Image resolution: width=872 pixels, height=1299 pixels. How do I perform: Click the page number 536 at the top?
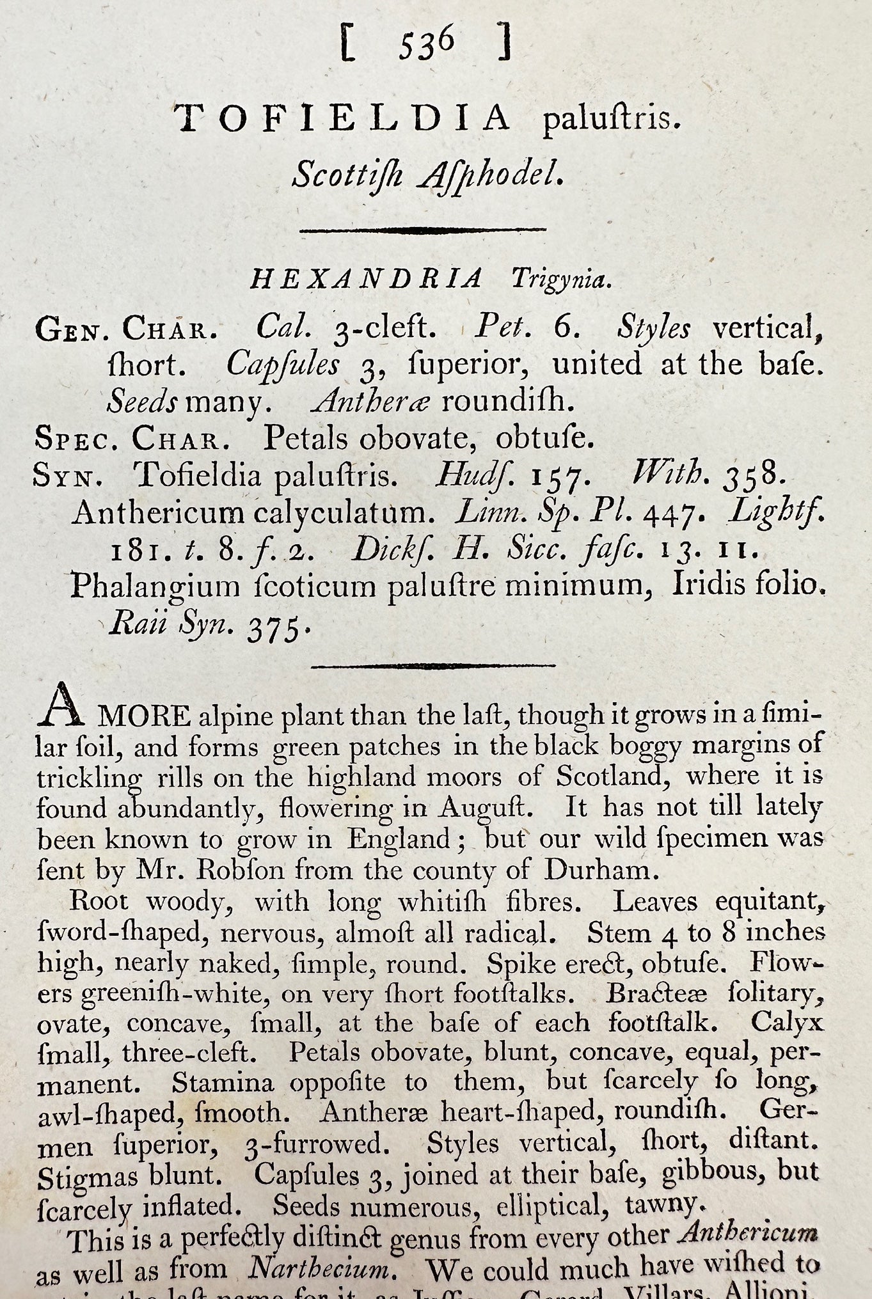click(x=426, y=45)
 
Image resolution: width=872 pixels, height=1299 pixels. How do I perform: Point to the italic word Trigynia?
click(x=557, y=280)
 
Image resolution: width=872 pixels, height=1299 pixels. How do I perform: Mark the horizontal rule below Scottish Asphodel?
click(x=423, y=229)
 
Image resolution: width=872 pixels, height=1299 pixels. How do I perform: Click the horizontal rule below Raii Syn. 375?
click(x=432, y=666)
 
